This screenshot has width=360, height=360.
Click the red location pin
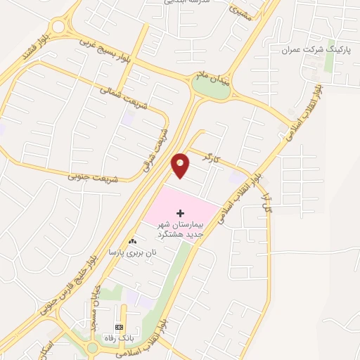pyautogui.click(x=181, y=165)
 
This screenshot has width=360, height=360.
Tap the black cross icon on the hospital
pyautogui.click(x=181, y=212)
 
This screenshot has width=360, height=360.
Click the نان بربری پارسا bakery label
pyautogui.click(x=130, y=252)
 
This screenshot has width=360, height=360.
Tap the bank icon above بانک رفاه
pyautogui.click(x=119, y=328)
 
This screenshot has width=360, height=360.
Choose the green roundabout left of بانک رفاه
pyautogui.click(x=92, y=347)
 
